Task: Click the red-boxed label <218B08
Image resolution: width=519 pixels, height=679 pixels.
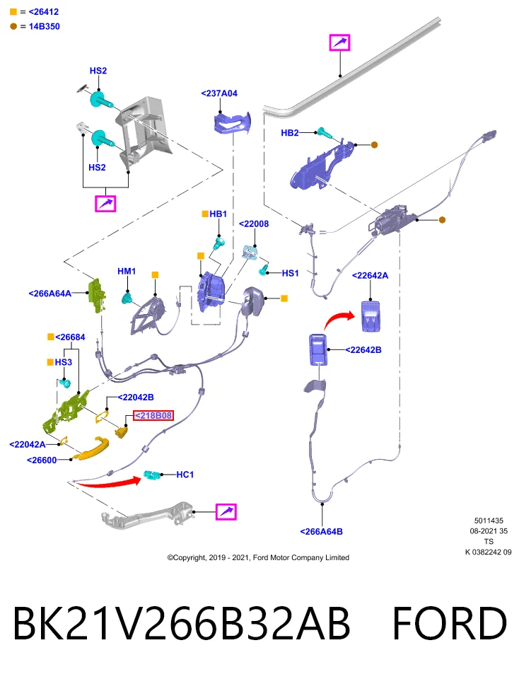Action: pos(153,415)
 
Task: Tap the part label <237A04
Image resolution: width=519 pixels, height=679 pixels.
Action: pos(219,93)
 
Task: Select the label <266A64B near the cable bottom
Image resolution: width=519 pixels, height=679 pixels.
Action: pos(321,531)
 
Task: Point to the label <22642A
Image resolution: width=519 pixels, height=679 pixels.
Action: pos(370,275)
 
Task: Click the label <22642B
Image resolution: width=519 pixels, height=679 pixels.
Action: pos(363,350)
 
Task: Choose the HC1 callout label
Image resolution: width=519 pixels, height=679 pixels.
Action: pos(185,475)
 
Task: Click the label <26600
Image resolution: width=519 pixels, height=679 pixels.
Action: pos(42,460)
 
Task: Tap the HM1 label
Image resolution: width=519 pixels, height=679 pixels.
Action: pos(127,271)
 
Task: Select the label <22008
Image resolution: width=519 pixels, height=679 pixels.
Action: pos(254,224)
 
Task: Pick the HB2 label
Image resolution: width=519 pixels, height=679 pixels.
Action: pos(290,132)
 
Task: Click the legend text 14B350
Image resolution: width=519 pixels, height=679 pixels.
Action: pos(44,26)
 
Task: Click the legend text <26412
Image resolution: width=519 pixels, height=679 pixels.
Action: pos(43,12)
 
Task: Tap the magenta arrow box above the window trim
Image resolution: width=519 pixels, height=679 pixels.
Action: pos(340,42)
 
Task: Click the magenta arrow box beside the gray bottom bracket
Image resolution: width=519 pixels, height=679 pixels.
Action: pos(226,512)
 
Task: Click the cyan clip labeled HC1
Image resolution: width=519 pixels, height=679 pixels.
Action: pos(152,475)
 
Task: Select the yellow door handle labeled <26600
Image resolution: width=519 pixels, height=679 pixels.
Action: pos(91,449)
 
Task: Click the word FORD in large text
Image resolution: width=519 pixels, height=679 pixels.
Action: pos(449,623)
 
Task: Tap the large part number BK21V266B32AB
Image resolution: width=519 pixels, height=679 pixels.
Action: pos(182,623)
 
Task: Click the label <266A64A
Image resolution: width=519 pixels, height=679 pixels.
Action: pos(49,294)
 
